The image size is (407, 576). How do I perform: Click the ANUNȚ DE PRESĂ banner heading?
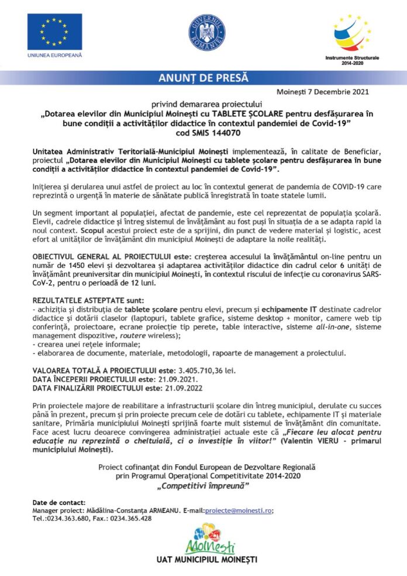(x=203, y=78)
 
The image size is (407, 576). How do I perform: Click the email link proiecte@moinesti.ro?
(x=240, y=510)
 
